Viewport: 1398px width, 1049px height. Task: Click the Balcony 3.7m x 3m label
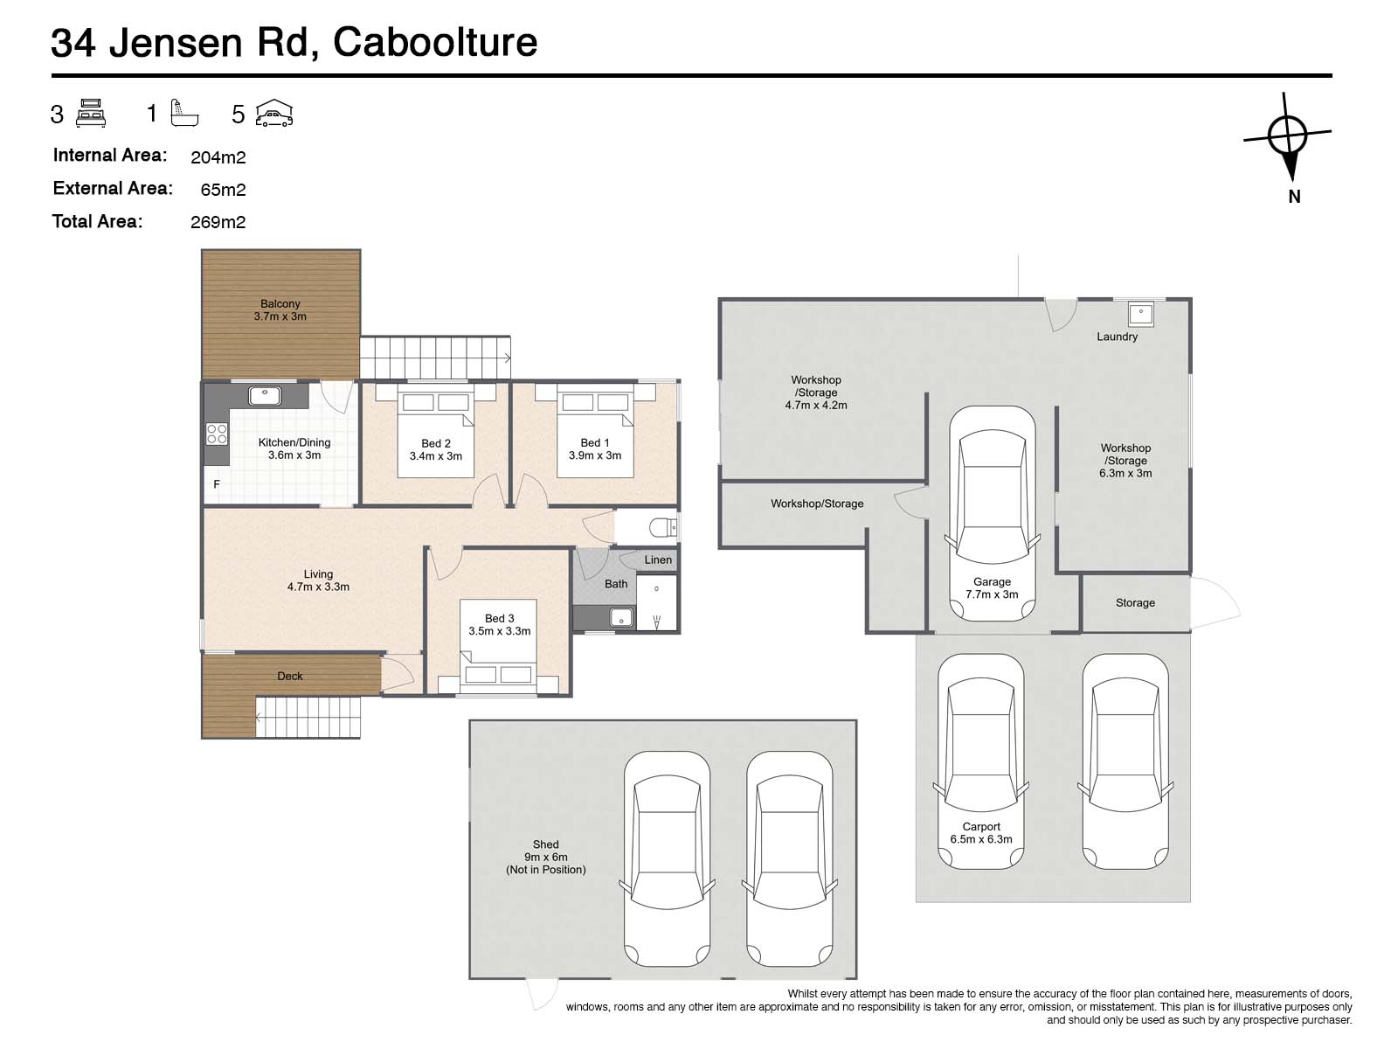(280, 310)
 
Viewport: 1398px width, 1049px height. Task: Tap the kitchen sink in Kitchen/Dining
(264, 396)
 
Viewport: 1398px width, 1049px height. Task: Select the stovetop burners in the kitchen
(217, 434)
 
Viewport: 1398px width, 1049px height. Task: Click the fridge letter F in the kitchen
(217, 484)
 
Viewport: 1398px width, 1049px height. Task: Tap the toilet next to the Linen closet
(664, 527)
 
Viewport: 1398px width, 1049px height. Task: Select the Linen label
(658, 560)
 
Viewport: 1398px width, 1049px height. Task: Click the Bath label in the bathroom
(616, 584)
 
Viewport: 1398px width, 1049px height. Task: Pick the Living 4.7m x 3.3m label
(318, 580)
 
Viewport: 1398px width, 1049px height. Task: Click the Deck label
(290, 676)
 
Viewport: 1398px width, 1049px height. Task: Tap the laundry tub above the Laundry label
(1140, 313)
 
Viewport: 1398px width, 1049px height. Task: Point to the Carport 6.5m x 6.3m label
(980, 832)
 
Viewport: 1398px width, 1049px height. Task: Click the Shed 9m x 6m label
(545, 857)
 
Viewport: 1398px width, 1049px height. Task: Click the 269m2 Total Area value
(218, 222)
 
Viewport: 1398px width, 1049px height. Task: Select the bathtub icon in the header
(185, 114)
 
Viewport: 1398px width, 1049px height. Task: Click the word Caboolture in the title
(435, 42)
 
